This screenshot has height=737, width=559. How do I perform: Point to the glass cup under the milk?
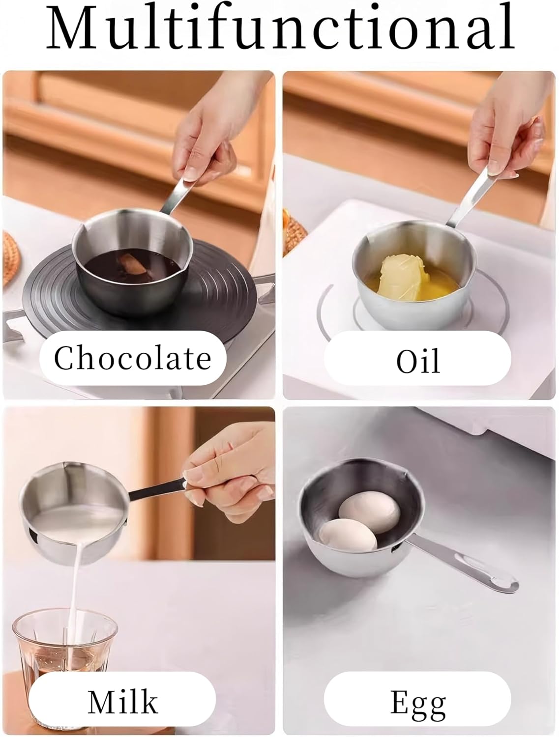point(61,644)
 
